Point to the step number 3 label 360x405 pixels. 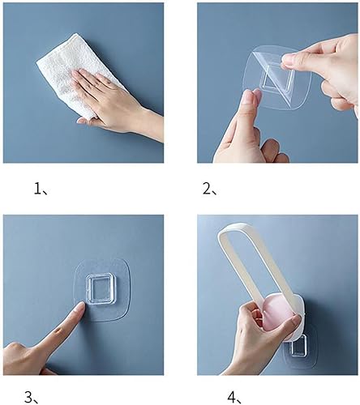click(30, 396)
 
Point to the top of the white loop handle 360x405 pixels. click(231, 232)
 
